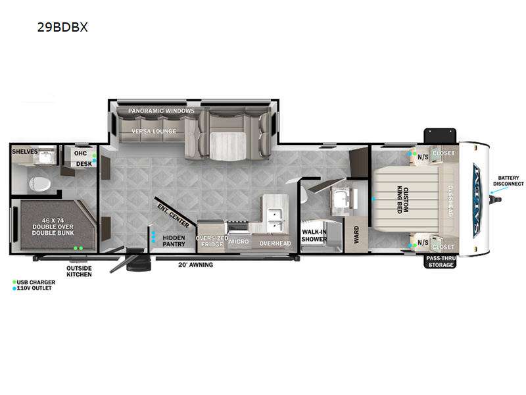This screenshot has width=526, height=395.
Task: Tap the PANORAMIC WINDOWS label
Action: click(161, 111)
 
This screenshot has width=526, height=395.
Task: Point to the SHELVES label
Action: click(24, 151)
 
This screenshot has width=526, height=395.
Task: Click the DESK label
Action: click(84, 164)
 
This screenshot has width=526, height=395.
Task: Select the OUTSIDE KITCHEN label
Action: click(80, 271)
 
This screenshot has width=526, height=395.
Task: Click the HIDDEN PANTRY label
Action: click(174, 241)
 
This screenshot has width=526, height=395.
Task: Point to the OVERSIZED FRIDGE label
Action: click(212, 242)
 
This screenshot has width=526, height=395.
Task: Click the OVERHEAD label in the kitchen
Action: click(275, 244)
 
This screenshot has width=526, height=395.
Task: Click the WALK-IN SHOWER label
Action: click(314, 236)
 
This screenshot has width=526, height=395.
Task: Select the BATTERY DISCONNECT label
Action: click(508, 180)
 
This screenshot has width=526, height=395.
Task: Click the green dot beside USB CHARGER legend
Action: click(14, 282)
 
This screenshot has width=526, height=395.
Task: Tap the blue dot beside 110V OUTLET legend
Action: click(14, 288)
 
